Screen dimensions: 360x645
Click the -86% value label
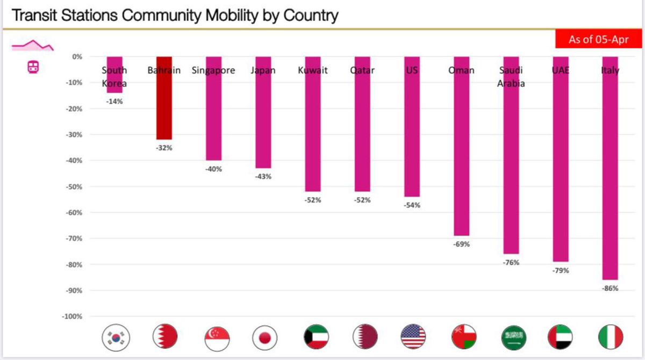coord(610,288)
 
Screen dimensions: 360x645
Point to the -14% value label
coord(114,101)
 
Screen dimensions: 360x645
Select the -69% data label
coord(461,244)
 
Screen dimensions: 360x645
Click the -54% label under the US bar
coord(412,205)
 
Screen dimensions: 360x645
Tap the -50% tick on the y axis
coord(73,186)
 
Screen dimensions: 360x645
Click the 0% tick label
coord(77,56)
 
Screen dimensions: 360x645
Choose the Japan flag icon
coord(264,337)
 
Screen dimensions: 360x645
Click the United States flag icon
coord(413,337)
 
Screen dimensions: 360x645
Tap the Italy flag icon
coord(611,337)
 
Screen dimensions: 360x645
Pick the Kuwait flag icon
coord(316,337)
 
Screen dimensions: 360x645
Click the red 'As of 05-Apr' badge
coord(598,39)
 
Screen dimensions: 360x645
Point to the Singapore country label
coord(213,70)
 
